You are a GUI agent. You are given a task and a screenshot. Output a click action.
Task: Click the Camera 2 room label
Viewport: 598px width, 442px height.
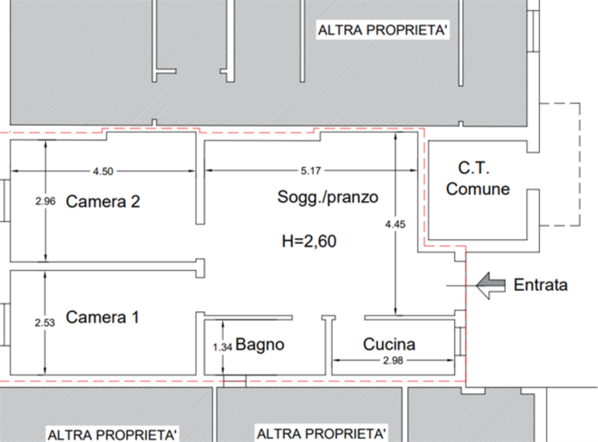103,202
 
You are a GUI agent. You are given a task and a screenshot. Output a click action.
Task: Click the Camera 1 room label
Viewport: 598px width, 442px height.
102,317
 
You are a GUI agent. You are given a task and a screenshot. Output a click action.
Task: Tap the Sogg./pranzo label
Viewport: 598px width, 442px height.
328,197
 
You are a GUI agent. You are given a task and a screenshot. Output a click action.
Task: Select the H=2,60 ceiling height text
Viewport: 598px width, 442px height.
309,242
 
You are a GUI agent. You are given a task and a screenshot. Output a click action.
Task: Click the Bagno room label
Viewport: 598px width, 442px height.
260,345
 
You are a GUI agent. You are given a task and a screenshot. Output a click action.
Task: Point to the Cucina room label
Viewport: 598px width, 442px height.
389,345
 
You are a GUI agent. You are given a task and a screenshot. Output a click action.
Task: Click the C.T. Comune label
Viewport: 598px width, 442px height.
478,179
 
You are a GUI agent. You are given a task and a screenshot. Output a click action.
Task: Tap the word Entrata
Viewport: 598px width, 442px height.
541,285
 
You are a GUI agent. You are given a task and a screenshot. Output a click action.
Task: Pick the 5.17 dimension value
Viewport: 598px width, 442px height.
311,171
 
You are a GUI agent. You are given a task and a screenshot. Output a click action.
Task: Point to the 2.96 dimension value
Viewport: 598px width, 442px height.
45,202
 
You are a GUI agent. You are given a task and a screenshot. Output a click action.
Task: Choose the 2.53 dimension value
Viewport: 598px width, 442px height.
45,323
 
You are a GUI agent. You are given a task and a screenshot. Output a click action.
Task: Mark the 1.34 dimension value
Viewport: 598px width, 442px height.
222,346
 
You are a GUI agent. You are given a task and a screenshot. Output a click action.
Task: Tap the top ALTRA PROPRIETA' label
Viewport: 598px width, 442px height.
383,31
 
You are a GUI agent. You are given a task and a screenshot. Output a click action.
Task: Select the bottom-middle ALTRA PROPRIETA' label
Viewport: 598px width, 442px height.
321,432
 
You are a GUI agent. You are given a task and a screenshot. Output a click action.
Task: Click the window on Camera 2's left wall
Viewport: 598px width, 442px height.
4,200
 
